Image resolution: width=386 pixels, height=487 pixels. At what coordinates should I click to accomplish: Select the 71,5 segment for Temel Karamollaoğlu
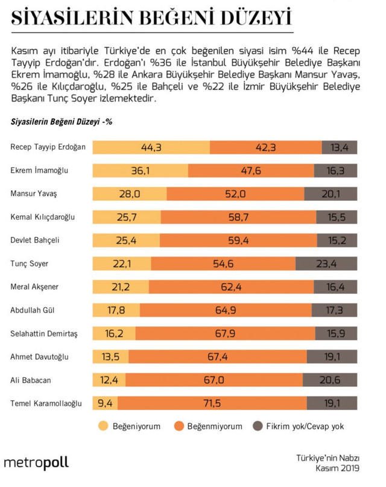215,403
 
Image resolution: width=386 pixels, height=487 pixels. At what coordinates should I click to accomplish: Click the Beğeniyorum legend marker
104,426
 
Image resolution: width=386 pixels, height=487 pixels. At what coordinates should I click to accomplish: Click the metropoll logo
36,463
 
